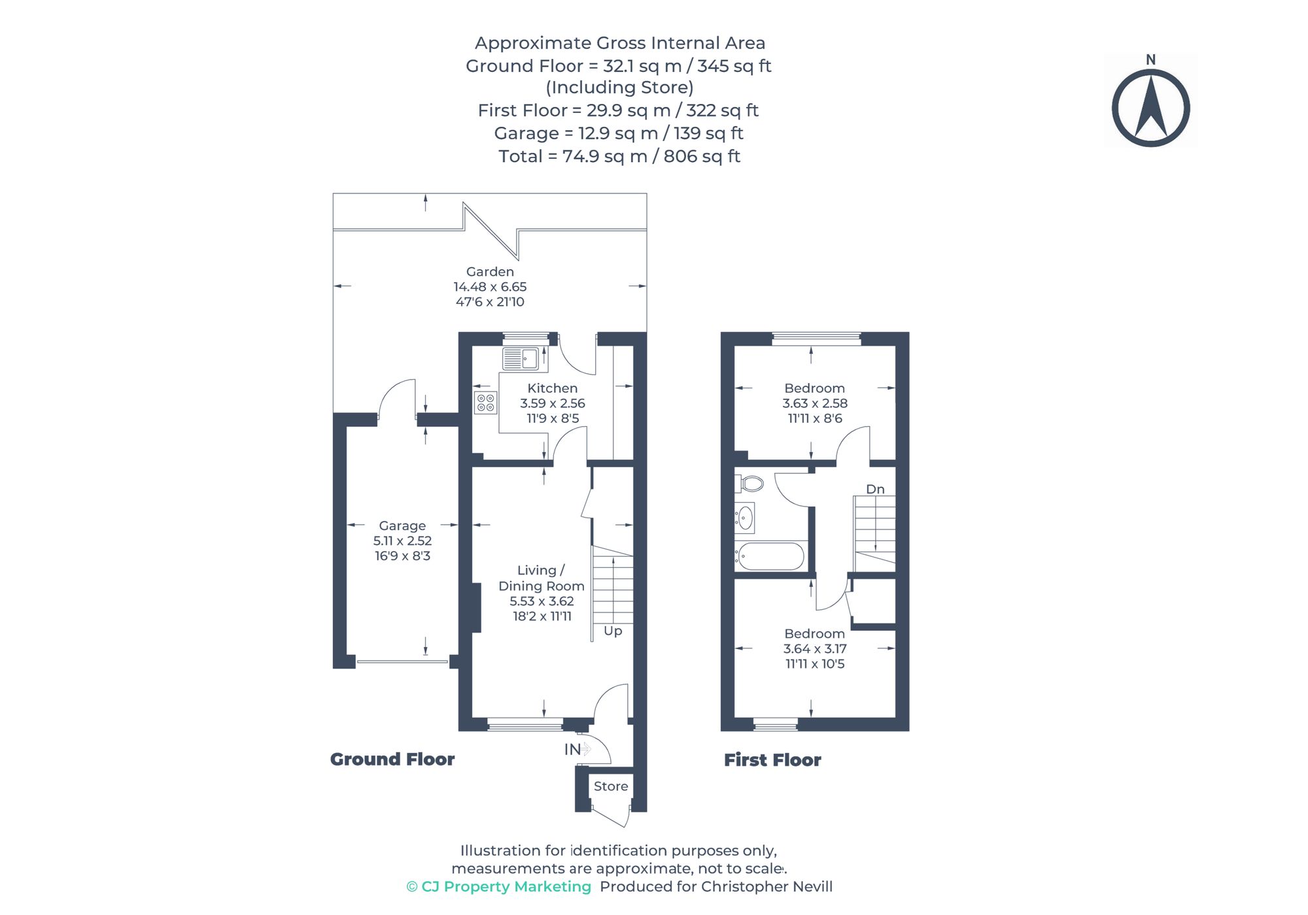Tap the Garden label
(490, 272)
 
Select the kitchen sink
(521, 359)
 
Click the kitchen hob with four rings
(485, 403)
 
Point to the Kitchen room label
(552, 389)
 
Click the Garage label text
(402, 526)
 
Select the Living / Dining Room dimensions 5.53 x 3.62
(542, 601)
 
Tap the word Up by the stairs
(613, 631)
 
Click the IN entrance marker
(572, 750)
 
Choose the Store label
(611, 787)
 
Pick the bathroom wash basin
(745, 518)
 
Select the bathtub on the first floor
(770, 557)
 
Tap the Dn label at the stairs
(875, 490)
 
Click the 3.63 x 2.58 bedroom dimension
(815, 404)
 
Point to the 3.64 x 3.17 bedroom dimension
(815, 649)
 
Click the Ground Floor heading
(392, 759)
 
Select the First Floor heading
(772, 760)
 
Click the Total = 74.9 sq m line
(619, 157)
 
